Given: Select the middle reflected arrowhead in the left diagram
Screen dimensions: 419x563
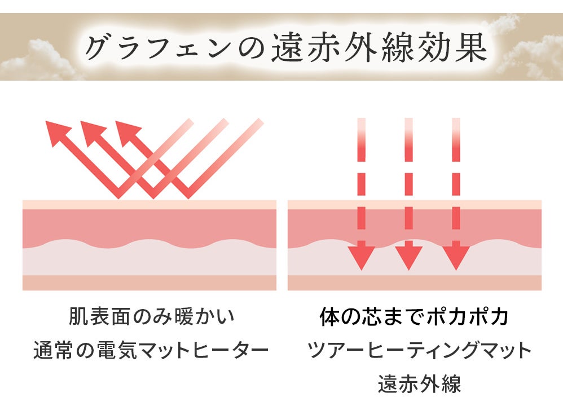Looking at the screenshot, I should [x=93, y=133].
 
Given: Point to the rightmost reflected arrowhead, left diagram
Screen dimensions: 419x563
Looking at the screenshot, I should [x=127, y=133].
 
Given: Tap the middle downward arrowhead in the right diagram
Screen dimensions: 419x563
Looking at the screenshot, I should [x=408, y=257].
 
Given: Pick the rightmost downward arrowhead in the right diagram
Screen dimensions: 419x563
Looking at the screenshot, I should [x=456, y=257].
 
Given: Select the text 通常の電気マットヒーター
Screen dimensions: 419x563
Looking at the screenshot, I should [x=151, y=350].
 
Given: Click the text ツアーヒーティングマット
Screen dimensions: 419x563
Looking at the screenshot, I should [x=420, y=350].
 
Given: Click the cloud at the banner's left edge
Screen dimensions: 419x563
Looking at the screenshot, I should [x=34, y=59].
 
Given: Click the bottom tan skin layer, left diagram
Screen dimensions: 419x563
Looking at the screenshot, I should [x=149, y=283].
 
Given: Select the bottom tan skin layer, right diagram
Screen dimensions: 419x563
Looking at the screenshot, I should [x=415, y=283].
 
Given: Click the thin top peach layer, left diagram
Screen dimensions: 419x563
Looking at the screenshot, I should [x=149, y=204].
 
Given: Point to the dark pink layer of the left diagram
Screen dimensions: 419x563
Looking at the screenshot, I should [x=149, y=226].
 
